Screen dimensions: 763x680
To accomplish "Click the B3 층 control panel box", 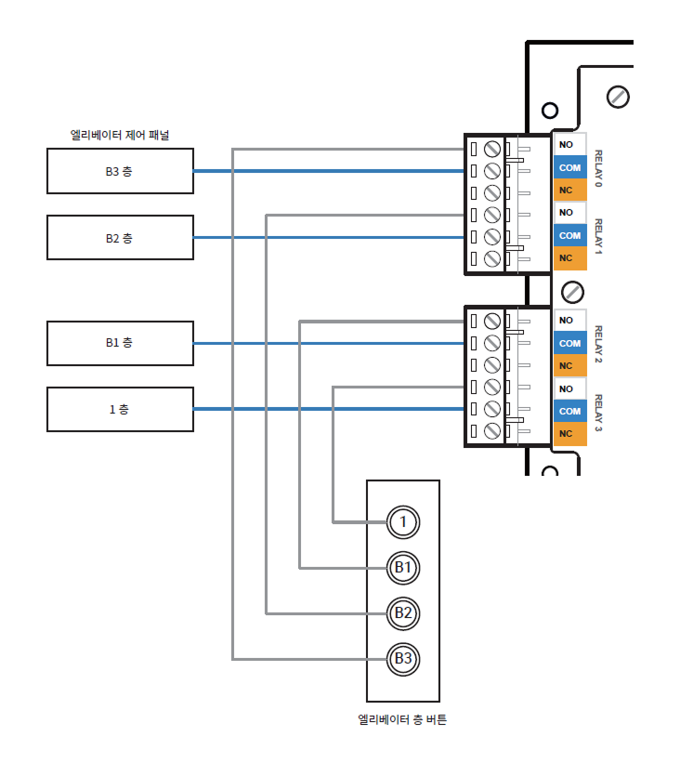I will pos(120,171).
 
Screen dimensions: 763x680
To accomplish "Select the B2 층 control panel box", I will pos(120,238).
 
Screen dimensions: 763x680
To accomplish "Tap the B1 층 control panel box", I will pos(120,343).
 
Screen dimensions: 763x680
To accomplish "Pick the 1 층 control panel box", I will pos(120,410).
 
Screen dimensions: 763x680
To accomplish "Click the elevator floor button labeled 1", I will pos(402,521).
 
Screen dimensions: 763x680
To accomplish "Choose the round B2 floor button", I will pos(402,612).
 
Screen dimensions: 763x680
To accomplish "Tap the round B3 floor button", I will pos(402,658).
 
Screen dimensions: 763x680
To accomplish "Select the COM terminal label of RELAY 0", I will pos(569,168).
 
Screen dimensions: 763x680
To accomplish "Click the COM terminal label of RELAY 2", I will pos(569,343).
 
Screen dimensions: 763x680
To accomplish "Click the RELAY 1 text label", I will pos(599,238).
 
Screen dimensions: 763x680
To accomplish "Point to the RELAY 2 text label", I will pos(599,343).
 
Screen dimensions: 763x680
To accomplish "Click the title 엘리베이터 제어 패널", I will pos(120,135).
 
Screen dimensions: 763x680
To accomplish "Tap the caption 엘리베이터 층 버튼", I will pos(402,719).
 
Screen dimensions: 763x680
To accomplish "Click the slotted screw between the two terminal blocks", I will pos(573,292).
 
